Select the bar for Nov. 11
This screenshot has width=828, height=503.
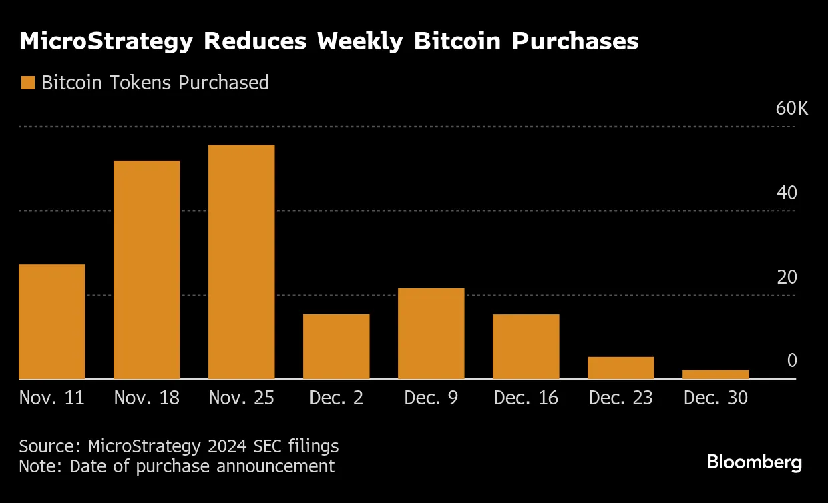pyautogui.click(x=52, y=322)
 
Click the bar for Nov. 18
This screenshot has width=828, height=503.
pyautogui.click(x=147, y=270)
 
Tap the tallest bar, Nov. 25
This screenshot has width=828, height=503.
pyautogui.click(x=242, y=262)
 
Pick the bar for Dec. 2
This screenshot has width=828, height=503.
pyautogui.click(x=337, y=346)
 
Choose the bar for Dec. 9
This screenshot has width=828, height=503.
pyautogui.click(x=431, y=334)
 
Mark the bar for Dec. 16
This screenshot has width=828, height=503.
pyautogui.click(x=526, y=346)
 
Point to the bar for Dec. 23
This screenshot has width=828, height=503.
pyautogui.click(x=621, y=368)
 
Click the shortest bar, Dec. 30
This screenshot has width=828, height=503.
pyautogui.click(x=716, y=374)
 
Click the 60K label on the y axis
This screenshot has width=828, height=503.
pyautogui.click(x=791, y=109)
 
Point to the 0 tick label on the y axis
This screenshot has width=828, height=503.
pyautogui.click(x=792, y=361)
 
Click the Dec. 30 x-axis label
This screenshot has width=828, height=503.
pyautogui.click(x=716, y=398)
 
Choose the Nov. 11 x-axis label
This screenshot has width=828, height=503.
pyautogui.click(x=52, y=398)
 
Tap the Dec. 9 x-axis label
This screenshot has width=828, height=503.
pyautogui.click(x=431, y=398)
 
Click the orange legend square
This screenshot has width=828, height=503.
pyautogui.click(x=27, y=83)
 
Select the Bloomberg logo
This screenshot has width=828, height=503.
pyautogui.click(x=755, y=462)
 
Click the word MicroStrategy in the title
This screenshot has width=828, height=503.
pyautogui.click(x=106, y=42)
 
